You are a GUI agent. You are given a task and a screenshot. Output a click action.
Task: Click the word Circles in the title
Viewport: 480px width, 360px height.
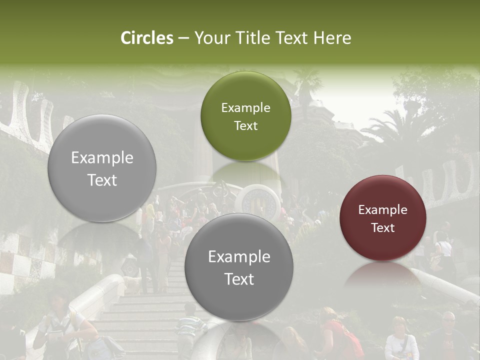[147, 38]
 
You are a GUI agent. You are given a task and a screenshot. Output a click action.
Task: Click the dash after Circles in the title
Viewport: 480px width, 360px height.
[183, 38]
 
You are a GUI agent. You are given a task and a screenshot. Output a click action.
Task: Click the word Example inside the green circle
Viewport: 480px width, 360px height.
[245, 108]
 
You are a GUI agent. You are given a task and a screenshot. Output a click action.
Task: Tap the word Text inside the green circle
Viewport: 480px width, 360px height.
[245, 126]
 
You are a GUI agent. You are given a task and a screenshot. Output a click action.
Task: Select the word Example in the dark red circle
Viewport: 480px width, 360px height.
[382, 210]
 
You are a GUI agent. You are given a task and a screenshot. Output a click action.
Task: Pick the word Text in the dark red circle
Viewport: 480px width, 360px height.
[382, 228]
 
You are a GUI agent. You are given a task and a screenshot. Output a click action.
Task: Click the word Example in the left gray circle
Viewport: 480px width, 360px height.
[102, 158]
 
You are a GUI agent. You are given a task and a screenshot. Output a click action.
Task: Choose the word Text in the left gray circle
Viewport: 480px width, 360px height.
[102, 180]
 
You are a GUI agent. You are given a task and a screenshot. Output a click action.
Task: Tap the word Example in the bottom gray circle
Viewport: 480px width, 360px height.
[239, 257]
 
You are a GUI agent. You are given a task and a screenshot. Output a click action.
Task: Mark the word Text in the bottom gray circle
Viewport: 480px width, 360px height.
[239, 279]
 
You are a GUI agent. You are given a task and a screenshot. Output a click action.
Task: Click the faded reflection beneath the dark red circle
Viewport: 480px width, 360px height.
[382, 275]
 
